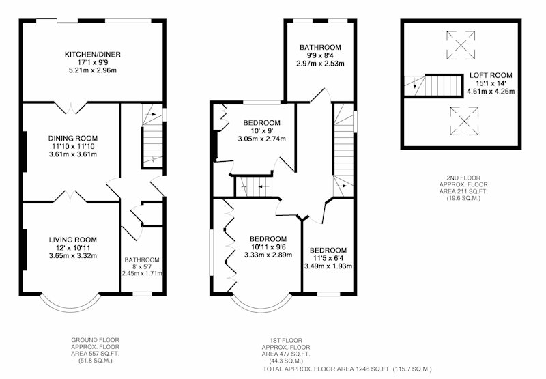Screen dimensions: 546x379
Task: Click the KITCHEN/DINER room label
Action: pyautogui.click(x=93, y=55)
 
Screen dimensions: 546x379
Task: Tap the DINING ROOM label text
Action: pyautogui.click(x=73, y=139)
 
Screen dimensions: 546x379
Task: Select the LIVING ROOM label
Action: pyautogui.click(x=73, y=240)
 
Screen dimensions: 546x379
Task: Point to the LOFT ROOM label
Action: pyautogui.click(x=491, y=75)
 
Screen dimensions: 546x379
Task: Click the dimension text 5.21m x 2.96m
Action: pyautogui.click(x=93, y=70)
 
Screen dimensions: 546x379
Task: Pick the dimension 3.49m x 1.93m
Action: pyautogui.click(x=328, y=266)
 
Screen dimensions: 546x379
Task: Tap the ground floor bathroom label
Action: pyautogui.click(x=142, y=260)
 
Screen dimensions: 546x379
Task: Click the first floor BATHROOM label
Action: pyautogui.click(x=320, y=47)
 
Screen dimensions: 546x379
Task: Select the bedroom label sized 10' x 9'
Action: pyautogui.click(x=262, y=123)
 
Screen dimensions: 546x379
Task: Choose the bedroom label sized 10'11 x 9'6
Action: pyautogui.click(x=268, y=239)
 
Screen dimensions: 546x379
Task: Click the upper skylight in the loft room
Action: pyautogui.click(x=461, y=45)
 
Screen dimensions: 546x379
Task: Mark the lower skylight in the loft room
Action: pyautogui.click(x=464, y=121)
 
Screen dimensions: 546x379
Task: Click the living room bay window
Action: pyautogui.click(x=70, y=308)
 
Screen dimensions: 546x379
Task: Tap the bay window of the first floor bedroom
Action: pyautogui.click(x=261, y=308)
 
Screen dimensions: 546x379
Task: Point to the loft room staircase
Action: pyautogui.click(x=433, y=85)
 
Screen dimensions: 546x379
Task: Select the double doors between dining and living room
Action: pyautogui.click(x=70, y=196)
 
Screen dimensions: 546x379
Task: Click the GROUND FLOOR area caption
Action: pyautogui.click(x=95, y=350)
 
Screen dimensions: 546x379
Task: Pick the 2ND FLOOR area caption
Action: pyautogui.click(x=463, y=188)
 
